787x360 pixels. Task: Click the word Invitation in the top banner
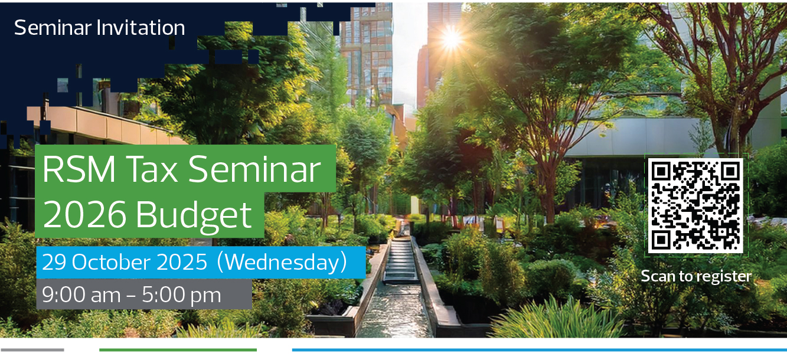tap(141, 27)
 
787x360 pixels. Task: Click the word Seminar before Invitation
tap(53, 27)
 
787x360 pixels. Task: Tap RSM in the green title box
tap(79, 169)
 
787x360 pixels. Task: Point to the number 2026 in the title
tap(84, 214)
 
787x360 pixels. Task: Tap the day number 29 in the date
tap(54, 263)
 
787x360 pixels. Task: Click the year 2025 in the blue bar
tap(182, 263)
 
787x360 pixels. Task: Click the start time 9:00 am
tap(81, 294)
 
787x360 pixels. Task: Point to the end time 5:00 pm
tap(181, 295)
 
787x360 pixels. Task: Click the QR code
tap(695, 205)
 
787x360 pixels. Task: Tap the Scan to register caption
tap(696, 276)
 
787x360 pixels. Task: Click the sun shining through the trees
tap(452, 38)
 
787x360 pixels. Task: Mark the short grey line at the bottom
tap(32, 350)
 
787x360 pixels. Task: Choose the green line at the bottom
tap(178, 350)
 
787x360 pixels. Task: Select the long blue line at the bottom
tap(539, 350)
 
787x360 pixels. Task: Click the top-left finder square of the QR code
tap(661, 171)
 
